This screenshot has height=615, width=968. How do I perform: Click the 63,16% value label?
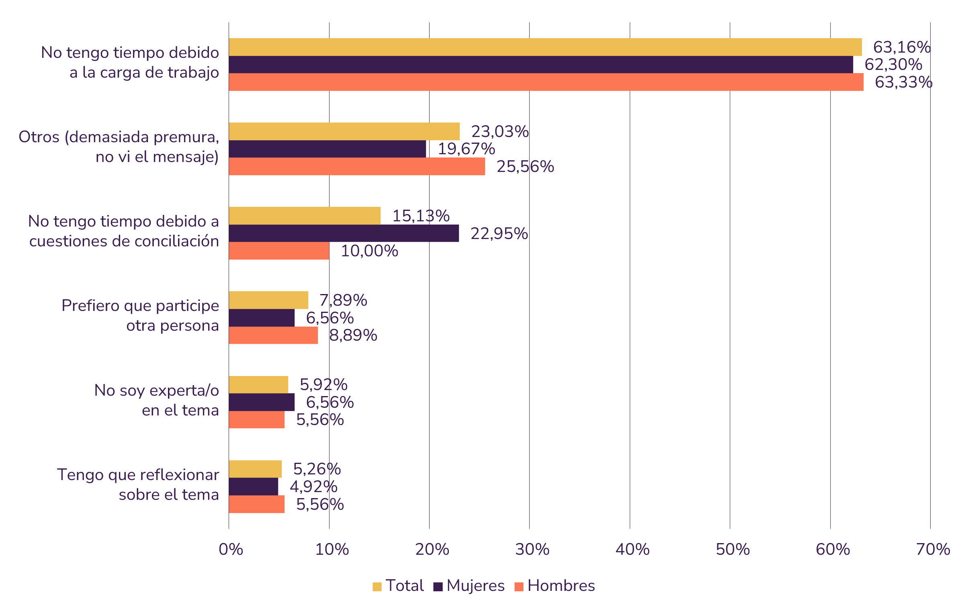902,47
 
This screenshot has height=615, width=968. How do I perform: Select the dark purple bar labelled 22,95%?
344,233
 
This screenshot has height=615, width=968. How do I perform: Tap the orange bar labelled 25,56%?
356,166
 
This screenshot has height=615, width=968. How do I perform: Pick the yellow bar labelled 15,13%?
304,216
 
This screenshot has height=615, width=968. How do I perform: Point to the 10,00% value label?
369,251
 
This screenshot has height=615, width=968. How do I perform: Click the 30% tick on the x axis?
532,549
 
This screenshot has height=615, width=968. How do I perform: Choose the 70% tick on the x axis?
933,549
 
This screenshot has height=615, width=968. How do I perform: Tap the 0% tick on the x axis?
231,549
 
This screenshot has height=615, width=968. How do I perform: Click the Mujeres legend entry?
469,586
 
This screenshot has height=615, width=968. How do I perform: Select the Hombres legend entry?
555,586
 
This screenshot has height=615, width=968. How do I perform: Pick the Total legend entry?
398,586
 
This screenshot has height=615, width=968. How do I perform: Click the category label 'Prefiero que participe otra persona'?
140,316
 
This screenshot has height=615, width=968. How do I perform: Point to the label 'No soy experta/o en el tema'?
156,400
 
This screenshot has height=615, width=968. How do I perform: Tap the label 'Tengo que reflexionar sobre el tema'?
138,484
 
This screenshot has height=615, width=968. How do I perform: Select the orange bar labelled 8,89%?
273,335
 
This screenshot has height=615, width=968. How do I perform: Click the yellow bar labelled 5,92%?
258,385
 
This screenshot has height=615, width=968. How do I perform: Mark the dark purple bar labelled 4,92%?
253,486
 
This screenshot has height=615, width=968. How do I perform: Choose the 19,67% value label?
466,149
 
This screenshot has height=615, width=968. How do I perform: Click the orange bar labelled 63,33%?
546,82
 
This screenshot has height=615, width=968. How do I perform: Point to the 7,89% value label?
343,300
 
